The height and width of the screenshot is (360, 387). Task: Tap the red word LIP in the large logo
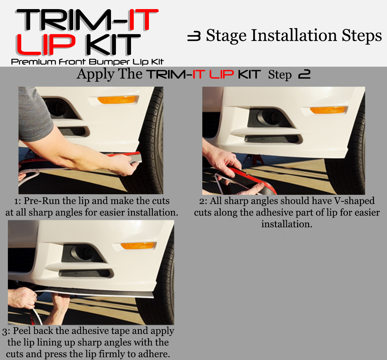[x=45, y=45]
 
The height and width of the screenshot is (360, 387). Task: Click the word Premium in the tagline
[x=33, y=62]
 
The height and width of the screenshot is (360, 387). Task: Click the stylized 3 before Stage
[x=194, y=37]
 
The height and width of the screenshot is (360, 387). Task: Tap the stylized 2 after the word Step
[x=304, y=74]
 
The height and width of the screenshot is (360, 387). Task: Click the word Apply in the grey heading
[x=96, y=74]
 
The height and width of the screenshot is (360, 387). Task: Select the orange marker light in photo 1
[x=116, y=100]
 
